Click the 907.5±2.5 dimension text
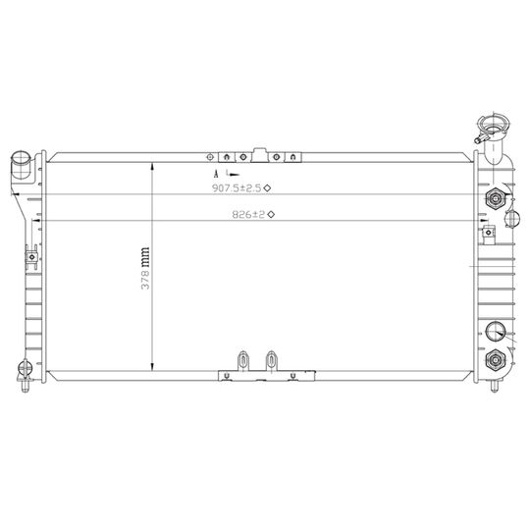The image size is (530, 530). click(237, 187)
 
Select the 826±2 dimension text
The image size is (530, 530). click(248, 214)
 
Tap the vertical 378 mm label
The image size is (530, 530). click(145, 268)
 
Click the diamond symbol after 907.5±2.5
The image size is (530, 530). click(267, 187)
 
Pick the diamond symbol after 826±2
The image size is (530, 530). click(271, 214)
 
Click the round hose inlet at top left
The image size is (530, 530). click(21, 158)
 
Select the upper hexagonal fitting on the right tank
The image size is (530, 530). click(496, 198)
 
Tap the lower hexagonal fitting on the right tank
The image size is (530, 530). click(496, 359)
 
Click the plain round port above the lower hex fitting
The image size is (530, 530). click(496, 332)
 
